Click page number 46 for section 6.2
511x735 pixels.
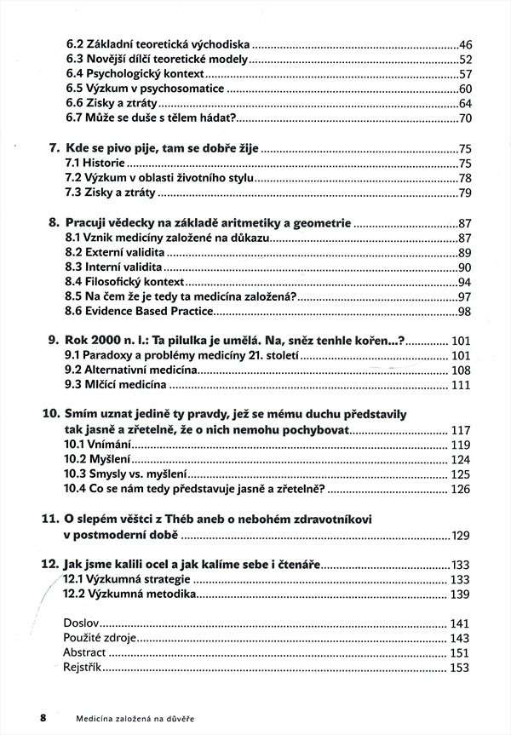click(x=464, y=43)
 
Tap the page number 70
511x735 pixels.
click(x=464, y=118)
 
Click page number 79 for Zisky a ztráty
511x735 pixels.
click(x=464, y=192)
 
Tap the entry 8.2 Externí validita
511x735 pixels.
click(x=114, y=253)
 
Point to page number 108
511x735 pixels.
click(x=460, y=371)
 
